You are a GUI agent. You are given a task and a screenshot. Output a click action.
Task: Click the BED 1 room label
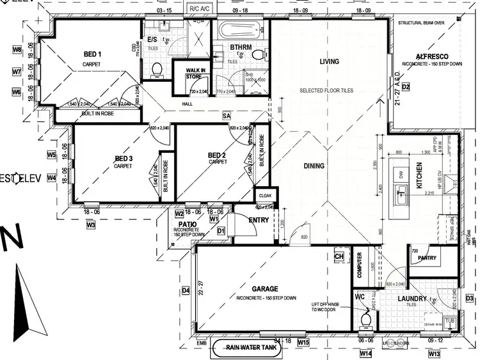(93, 54)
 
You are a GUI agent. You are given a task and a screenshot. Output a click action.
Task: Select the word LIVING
(329, 62)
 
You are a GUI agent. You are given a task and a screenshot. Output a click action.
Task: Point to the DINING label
(314, 166)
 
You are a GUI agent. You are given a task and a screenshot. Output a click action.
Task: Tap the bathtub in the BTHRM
(235, 30)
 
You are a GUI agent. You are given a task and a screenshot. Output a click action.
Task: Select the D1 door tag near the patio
(221, 230)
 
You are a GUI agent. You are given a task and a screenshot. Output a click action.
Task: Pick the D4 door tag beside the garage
(186, 291)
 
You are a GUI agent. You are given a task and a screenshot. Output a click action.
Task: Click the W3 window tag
(91, 224)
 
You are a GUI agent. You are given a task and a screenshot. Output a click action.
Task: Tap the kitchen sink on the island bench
(402, 192)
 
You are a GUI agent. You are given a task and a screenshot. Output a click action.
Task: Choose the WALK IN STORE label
(195, 73)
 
